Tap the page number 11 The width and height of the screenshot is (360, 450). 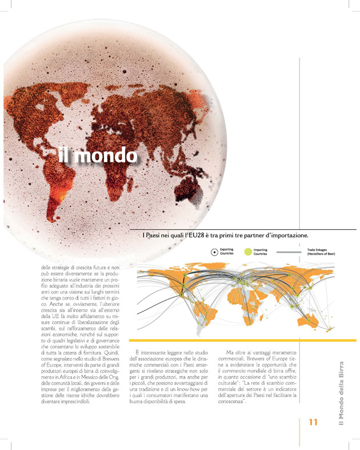(313, 422)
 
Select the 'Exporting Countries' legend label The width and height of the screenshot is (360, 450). (227, 251)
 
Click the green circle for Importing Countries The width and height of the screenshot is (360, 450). (247, 251)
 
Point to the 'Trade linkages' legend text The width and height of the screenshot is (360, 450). (321, 251)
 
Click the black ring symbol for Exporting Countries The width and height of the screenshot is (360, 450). (214, 251)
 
